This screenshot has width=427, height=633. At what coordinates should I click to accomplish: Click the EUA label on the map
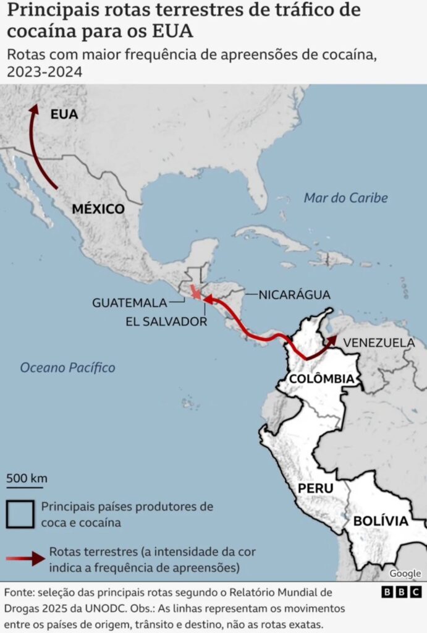click(x=64, y=114)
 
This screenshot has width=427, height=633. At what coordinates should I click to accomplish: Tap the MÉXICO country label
click(x=98, y=209)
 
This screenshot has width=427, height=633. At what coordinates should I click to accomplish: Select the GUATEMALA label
click(x=130, y=303)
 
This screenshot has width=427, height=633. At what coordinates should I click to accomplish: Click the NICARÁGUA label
click(x=294, y=295)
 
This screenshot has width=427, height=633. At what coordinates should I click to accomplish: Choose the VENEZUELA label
click(x=379, y=342)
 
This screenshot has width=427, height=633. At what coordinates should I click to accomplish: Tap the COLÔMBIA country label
click(x=321, y=378)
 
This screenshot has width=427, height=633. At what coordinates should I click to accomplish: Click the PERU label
click(x=315, y=488)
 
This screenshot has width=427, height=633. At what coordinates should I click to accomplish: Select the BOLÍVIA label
click(x=381, y=521)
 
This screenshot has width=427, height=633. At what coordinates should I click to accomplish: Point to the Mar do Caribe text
click(x=345, y=198)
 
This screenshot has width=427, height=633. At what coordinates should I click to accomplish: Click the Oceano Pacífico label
click(x=67, y=368)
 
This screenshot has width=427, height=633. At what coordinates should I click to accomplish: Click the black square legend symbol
click(x=20, y=514)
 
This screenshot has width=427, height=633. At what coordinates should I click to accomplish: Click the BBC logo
click(x=401, y=592)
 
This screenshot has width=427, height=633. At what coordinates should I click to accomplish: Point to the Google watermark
click(x=405, y=574)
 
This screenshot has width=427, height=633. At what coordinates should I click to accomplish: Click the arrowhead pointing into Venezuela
click(x=332, y=341)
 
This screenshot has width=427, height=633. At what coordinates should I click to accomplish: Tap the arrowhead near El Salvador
click(x=208, y=300)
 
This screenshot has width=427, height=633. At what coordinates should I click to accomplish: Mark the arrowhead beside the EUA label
click(x=34, y=109)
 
